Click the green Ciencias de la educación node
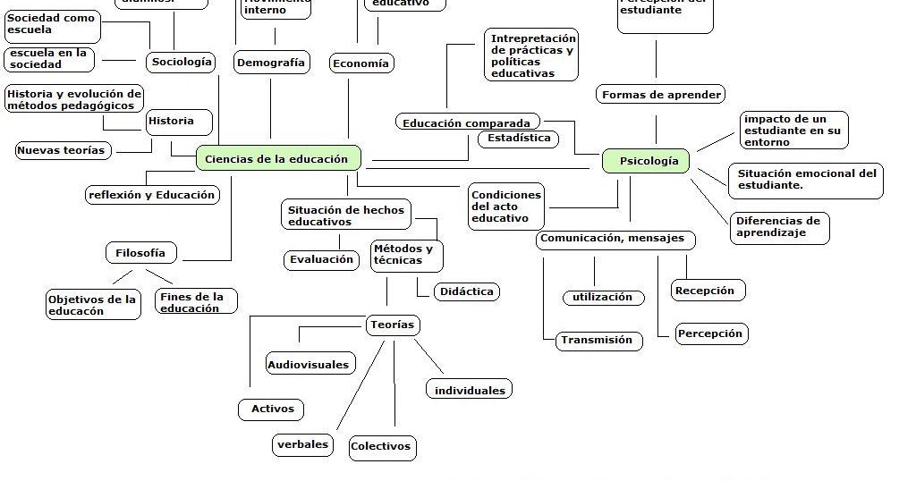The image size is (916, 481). pos(277,159)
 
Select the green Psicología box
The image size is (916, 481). pos(645,162)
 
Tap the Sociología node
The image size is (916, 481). pos(182,62)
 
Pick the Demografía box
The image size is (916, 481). pos(271,63)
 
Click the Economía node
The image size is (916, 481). pos(360,63)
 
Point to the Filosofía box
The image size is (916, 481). pos(140,253)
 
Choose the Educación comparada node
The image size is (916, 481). pos(466,123)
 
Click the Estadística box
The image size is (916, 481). pos(519,139)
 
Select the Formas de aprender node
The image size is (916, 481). pos(661,94)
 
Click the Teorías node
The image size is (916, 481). pos(392,325)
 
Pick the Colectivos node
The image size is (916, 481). pos(381,446)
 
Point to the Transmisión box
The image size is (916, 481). pos(597,340)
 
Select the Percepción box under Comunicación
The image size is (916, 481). pos(710,333)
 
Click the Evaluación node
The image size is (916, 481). pos(321,259)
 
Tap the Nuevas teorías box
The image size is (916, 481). pos(62,150)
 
